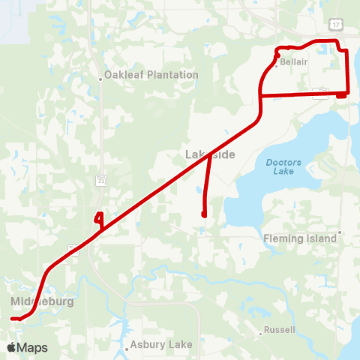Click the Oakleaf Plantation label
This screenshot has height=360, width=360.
click(x=151, y=75)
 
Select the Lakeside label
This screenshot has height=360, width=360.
click(x=210, y=154)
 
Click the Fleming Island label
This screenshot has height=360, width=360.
click(x=300, y=238)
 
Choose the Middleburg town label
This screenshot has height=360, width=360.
click(x=43, y=301)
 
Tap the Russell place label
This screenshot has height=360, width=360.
click(x=280, y=330)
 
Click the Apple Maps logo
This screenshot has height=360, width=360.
click(x=27, y=348)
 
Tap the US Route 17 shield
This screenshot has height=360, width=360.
click(x=335, y=25)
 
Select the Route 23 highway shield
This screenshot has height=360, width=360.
click(x=100, y=180)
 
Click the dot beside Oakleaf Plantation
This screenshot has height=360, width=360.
click(x=100, y=76)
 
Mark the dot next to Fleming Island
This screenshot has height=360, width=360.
click(x=340, y=232)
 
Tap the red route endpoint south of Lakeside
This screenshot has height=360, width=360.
click(x=204, y=215)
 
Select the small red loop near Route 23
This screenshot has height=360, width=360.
click(x=97, y=218)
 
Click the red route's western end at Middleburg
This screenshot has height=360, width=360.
click(x=13, y=319)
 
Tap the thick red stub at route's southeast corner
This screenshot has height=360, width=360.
click(x=341, y=94)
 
